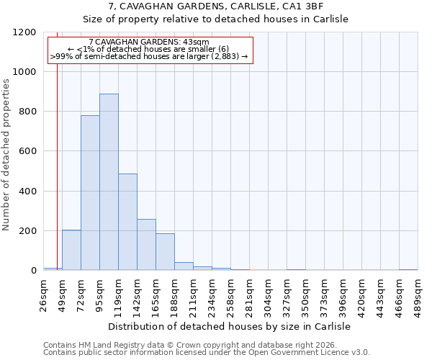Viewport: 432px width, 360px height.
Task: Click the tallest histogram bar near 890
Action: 109,182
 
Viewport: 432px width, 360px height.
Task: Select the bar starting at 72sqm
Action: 90,193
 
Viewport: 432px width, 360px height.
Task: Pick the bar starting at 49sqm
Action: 71,250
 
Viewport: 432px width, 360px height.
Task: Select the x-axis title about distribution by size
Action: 230,326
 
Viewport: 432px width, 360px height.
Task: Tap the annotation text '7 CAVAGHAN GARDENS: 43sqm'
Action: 149,42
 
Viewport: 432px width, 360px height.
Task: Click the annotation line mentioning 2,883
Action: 149,56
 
